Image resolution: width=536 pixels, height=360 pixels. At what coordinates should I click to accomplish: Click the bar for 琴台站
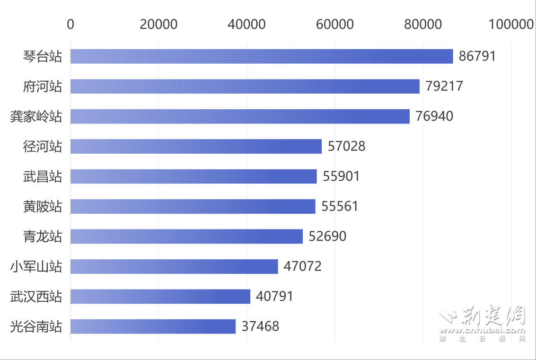coord(262,56)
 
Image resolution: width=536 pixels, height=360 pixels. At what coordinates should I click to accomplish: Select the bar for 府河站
coord(245,86)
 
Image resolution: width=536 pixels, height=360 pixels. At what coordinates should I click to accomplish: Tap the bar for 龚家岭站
coord(240,116)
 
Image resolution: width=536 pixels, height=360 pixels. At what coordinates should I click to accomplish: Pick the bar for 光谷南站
coord(153,326)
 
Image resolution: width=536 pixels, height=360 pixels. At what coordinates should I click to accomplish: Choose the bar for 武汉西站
coord(160,297)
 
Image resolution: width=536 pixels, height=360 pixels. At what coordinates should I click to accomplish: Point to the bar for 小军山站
coord(174,266)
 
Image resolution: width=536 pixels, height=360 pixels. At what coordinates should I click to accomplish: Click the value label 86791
coord(477,56)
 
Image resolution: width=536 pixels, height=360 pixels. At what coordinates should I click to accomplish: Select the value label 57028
coord(346,146)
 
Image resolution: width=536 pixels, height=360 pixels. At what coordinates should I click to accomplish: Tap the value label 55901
coord(341,176)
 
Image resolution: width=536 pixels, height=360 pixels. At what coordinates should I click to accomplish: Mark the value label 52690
coord(327,236)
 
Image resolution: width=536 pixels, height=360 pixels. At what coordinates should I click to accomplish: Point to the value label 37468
coord(260,326)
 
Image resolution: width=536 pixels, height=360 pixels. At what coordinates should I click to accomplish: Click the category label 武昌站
coord(43,176)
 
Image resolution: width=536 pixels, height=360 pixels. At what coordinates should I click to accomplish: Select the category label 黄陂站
coord(43,206)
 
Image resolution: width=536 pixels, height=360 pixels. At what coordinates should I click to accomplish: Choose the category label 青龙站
coord(43,236)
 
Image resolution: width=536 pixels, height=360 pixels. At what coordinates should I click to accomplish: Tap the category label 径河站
coord(43,146)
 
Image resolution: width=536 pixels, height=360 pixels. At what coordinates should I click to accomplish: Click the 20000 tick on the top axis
coord(158,24)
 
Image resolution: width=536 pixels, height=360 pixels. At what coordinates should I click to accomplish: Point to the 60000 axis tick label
coord(334,24)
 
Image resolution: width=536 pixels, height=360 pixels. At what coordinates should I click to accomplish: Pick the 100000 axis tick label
coord(510,24)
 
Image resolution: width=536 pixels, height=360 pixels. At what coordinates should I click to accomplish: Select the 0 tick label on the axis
coord(70,24)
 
